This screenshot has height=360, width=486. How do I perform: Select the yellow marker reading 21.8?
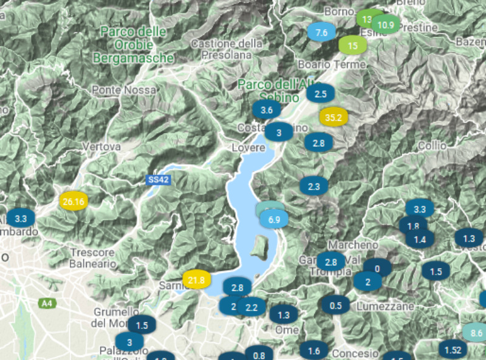click(196, 280)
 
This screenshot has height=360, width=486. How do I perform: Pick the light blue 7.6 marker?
click(321, 32)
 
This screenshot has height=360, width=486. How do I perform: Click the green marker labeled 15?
click(352, 44)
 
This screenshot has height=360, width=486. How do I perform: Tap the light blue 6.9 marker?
click(274, 220)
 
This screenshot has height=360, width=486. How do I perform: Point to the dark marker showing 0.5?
click(335, 305)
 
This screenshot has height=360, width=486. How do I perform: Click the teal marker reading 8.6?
click(476, 333)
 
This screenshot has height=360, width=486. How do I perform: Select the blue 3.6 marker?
click(266, 110)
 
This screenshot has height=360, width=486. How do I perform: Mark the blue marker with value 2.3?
click(314, 186)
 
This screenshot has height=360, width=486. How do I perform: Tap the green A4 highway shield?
click(47, 302)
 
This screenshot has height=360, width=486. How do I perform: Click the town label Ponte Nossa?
click(123, 90)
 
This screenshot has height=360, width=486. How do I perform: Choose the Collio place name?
click(432, 146)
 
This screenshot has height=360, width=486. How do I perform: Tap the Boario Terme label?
click(331, 64)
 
